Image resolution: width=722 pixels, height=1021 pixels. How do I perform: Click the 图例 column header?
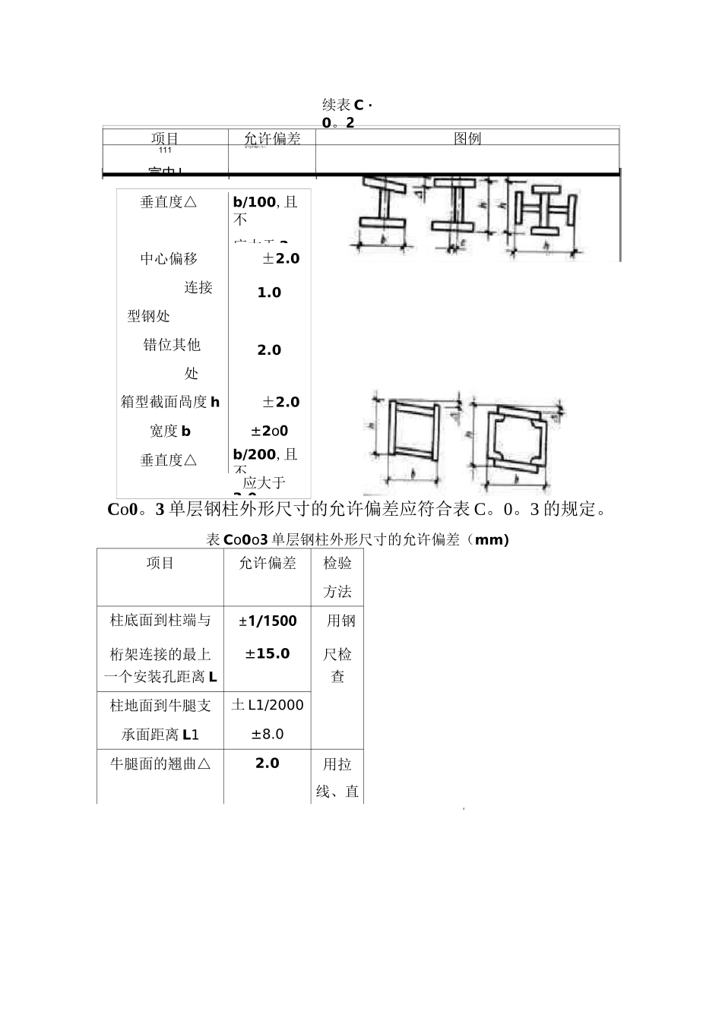point(467,138)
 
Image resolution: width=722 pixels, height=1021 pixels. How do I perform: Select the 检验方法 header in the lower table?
point(337,577)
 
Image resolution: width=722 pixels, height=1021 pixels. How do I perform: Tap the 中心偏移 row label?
point(169,259)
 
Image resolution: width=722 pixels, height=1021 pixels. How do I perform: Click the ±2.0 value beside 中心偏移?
point(281,258)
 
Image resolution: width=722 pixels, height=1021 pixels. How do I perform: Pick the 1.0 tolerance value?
point(269,292)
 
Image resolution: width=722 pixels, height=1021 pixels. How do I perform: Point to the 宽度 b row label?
point(170,431)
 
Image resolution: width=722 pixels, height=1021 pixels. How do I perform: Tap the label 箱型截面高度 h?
point(170,402)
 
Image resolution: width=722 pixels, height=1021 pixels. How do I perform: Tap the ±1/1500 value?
point(268,621)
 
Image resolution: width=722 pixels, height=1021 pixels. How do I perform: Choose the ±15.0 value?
point(268,653)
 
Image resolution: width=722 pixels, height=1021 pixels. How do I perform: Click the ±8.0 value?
point(268,734)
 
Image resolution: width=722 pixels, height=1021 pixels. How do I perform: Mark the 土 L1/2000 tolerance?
point(268,705)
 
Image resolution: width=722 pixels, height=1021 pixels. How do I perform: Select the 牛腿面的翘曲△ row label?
point(160,763)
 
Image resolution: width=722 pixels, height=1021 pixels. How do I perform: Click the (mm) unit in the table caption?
point(491,540)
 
